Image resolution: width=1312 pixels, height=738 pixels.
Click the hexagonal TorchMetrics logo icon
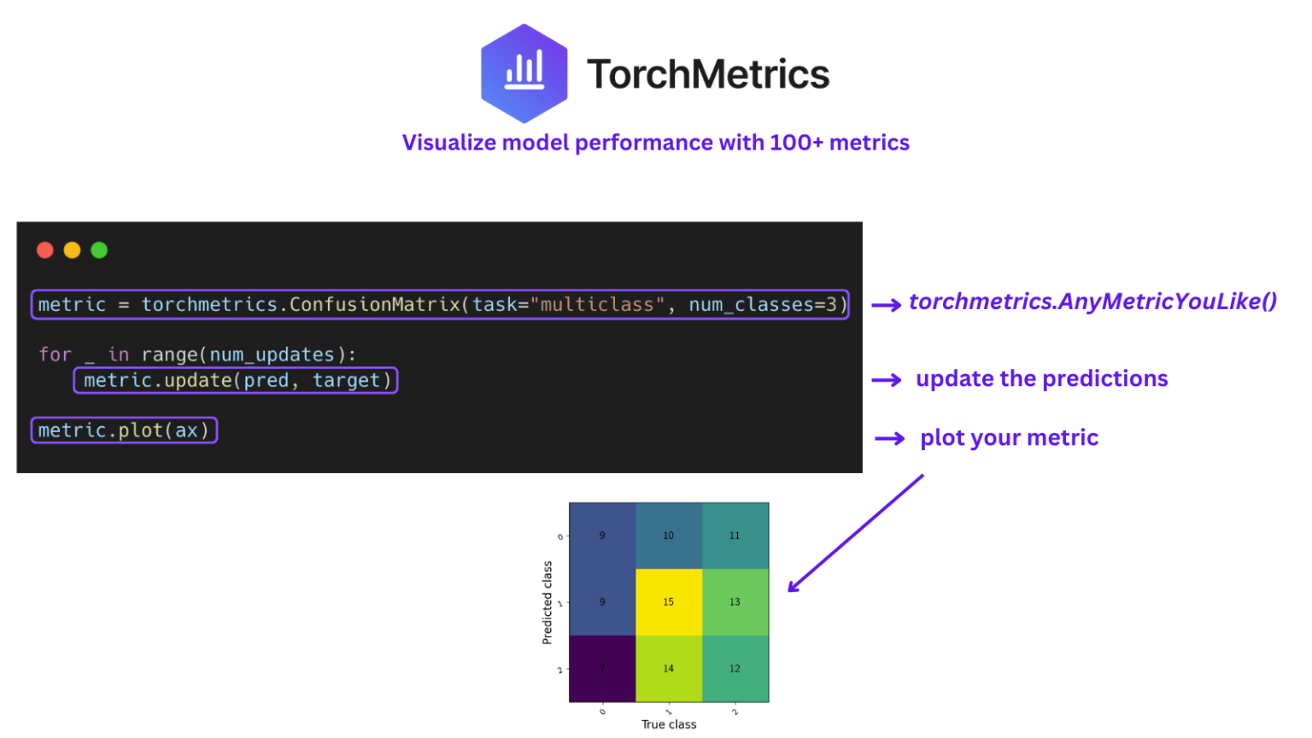524,73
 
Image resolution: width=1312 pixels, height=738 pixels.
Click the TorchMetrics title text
708,74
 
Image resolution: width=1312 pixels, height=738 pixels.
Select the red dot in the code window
45,250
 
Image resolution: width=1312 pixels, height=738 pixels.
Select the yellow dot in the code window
73,250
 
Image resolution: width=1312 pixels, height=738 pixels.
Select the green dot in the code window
99,250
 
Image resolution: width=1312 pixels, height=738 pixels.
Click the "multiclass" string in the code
597,305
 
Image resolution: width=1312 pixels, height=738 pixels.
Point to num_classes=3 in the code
763,305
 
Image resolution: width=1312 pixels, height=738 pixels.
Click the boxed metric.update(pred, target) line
237,381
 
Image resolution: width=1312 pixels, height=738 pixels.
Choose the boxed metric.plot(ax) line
125,430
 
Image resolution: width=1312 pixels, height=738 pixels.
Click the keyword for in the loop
55,354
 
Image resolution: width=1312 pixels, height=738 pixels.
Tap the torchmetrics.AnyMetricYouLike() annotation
1092,302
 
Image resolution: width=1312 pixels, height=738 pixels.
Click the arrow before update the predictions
887,380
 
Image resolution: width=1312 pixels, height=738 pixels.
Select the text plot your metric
1009,438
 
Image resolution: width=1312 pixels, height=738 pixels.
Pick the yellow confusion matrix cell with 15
668,602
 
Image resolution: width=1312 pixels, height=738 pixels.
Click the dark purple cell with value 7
602,669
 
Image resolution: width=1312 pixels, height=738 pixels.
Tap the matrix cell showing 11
735,536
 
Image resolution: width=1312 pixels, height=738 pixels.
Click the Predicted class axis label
548,602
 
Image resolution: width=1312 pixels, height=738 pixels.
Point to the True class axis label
669,724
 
